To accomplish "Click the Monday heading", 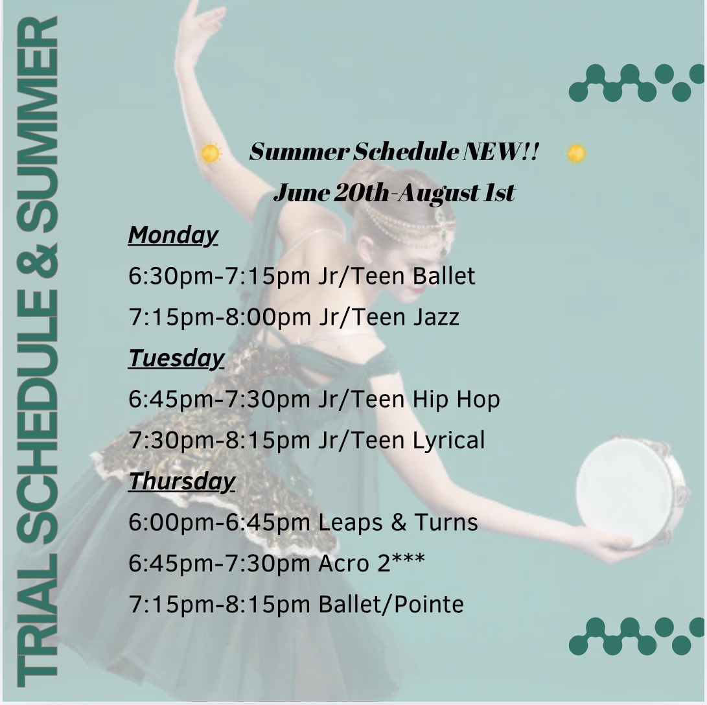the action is pos(173,235).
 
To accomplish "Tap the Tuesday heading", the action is pos(176,358).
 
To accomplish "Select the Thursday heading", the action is pos(181,481).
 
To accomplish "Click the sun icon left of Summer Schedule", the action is pos(210,154).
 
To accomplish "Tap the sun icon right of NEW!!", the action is pos(576,154).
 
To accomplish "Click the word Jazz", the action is pos(436,317).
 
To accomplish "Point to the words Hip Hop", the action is pos(456,400).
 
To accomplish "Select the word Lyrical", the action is pos(448,441).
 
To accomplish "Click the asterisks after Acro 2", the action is pos(408,559).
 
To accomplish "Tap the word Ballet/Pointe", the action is pos(391,605).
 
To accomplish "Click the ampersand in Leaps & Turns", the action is pos(399,522).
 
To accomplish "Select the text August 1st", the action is pos(456,193).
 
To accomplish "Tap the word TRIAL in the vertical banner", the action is pos(38,621).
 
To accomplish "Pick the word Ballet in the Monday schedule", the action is pos(444,276).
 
